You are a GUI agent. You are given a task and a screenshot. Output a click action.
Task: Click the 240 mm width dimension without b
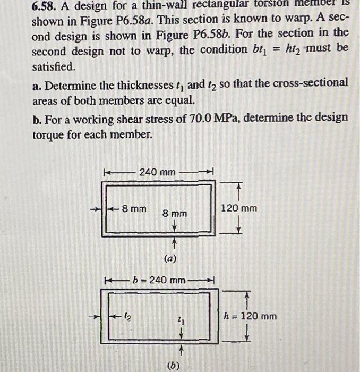pyautogui.click(x=157, y=172)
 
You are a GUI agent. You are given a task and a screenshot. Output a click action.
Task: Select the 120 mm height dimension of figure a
pyautogui.click(x=238, y=208)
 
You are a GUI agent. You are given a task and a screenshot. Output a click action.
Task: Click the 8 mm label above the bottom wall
pyautogui.click(x=175, y=213)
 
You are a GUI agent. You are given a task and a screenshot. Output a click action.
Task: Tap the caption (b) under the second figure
pyautogui.click(x=173, y=365)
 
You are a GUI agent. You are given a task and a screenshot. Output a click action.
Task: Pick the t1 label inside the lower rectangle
pyautogui.click(x=182, y=321)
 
